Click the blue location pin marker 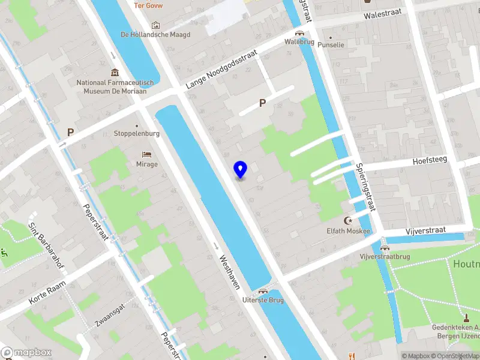[x=240, y=170]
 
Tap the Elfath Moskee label [x=348, y=231]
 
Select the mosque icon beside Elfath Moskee [x=348, y=221]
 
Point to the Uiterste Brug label [x=262, y=300]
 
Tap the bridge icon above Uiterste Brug [x=262, y=291]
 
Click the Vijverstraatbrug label [x=385, y=257]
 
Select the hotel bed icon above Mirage [x=147, y=155]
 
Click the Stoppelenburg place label [x=137, y=134]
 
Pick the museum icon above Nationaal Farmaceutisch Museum [x=115, y=73]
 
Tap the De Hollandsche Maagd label [x=155, y=35]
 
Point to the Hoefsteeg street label [x=430, y=161]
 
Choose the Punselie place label [x=331, y=45]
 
